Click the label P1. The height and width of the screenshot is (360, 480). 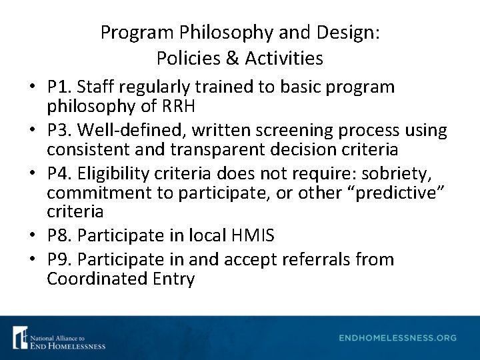[x=59, y=87]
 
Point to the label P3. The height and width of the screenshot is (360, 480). [x=59, y=130]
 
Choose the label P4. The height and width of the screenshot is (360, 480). [x=59, y=173]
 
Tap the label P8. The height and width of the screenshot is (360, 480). [x=59, y=235]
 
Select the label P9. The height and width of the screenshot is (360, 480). [x=59, y=259]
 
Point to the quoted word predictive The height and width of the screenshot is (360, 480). [x=401, y=193]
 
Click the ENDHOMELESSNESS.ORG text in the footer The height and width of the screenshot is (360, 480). [x=398, y=338]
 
